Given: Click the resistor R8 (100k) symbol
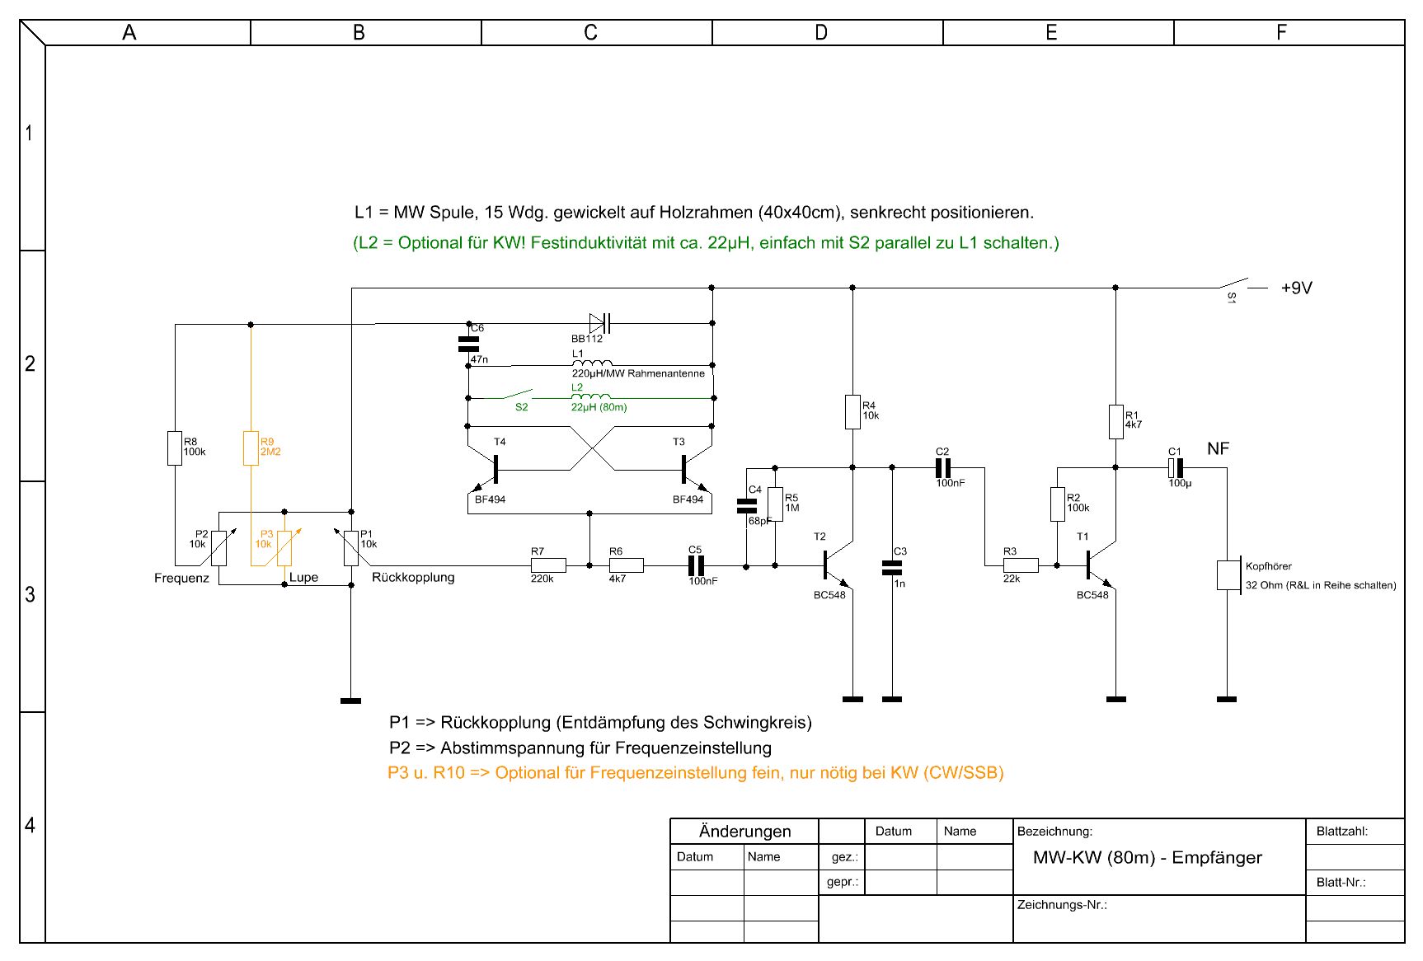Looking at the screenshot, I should click(175, 448).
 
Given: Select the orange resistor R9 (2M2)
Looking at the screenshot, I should click(251, 448).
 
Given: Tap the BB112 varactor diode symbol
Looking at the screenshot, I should click(599, 323).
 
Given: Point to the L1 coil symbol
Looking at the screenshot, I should click(592, 363).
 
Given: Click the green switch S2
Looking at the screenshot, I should click(519, 395).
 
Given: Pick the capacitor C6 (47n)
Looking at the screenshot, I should click(468, 344).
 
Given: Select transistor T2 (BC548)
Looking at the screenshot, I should click(836, 565).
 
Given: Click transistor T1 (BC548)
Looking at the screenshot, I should click(1099, 565).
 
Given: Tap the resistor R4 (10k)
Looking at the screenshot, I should click(852, 412).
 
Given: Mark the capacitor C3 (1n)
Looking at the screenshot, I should click(892, 567).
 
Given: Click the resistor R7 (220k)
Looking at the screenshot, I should click(548, 565).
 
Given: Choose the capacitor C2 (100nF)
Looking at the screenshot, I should click(943, 468).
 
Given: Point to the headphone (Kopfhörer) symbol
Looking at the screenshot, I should click(1228, 575).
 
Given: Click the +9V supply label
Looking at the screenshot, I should click(1296, 288).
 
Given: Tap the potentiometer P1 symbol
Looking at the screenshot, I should click(351, 548).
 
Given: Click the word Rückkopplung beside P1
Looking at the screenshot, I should click(413, 577).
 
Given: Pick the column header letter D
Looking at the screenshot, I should click(821, 32).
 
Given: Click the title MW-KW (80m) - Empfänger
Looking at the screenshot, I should click(1147, 857).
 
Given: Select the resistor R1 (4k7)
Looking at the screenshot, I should click(1115, 421).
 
